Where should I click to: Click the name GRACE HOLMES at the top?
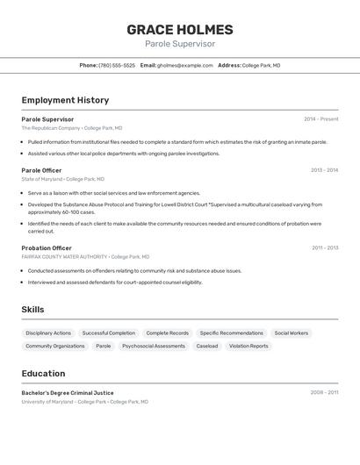pyautogui.click(x=180, y=30)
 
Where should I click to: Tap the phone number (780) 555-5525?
pyautogui.click(x=117, y=65)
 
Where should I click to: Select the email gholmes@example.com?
pyautogui.click(x=185, y=65)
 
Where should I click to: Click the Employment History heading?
pyautogui.click(x=65, y=100)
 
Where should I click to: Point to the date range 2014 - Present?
pyautogui.click(x=320, y=119)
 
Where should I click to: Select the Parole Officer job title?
pyautogui.click(x=41, y=170)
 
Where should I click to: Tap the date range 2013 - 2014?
pyautogui.click(x=324, y=170)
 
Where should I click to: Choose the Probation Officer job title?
pyautogui.click(x=47, y=248)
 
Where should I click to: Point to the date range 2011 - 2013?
pyautogui.click(x=325, y=248)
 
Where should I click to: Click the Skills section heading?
pyautogui.click(x=32, y=310)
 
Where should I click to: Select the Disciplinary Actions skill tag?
pyautogui.click(x=48, y=333)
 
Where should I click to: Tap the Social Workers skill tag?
pyautogui.click(x=291, y=333)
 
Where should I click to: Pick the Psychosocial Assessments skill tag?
pyautogui.click(x=154, y=347)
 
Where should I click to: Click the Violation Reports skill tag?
pyautogui.click(x=248, y=347)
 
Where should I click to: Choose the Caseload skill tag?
pyautogui.click(x=207, y=347)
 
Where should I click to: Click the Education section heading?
pyautogui.click(x=43, y=374)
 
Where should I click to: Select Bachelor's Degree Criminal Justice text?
pyautogui.click(x=68, y=393)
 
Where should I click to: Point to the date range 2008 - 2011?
pyautogui.click(x=324, y=393)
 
